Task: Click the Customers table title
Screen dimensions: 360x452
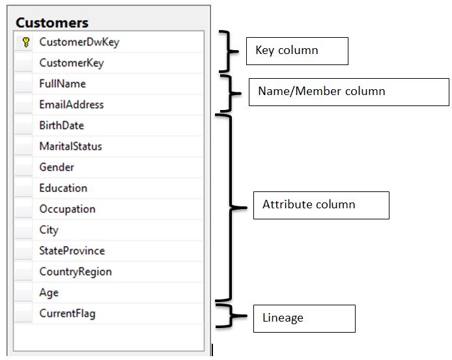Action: click(52, 23)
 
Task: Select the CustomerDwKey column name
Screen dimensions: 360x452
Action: click(79, 42)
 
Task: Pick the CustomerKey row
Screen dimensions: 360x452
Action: click(71, 63)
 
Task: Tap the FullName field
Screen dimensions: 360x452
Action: click(62, 84)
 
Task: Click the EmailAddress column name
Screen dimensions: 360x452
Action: click(71, 105)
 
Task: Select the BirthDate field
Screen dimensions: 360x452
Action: click(61, 126)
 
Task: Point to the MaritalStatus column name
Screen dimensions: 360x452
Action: click(70, 146)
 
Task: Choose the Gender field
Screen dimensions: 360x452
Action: click(57, 167)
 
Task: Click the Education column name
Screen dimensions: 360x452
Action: click(63, 188)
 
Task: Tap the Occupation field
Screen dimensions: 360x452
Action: click(67, 209)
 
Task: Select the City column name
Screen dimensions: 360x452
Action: click(49, 230)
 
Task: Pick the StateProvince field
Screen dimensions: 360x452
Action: click(72, 251)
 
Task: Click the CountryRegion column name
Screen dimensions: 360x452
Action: click(75, 271)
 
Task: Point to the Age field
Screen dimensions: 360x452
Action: click(49, 292)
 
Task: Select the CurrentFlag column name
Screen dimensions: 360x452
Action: click(67, 313)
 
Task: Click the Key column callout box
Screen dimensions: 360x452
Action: click(296, 51)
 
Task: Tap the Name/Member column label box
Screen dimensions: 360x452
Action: click(348, 92)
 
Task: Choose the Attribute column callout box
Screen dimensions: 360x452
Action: click(320, 205)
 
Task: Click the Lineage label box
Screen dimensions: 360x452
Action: click(304, 318)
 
